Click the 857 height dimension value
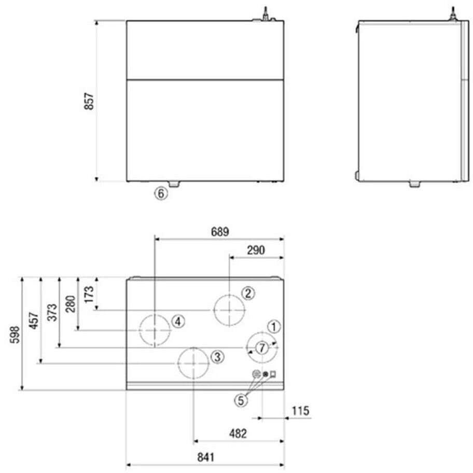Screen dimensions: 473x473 [x=89, y=101]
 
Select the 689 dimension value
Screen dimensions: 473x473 [x=220, y=232]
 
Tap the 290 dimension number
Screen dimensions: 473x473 [x=256, y=250]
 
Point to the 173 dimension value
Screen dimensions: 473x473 [x=89, y=295]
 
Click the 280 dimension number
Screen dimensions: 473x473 [x=71, y=304]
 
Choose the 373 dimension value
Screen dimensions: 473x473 [x=52, y=313]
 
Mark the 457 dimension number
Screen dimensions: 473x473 [x=34, y=321]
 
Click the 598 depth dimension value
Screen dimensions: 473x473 [x=15, y=334]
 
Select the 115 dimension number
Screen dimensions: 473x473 [x=300, y=411]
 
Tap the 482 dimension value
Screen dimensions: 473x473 [x=238, y=434]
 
